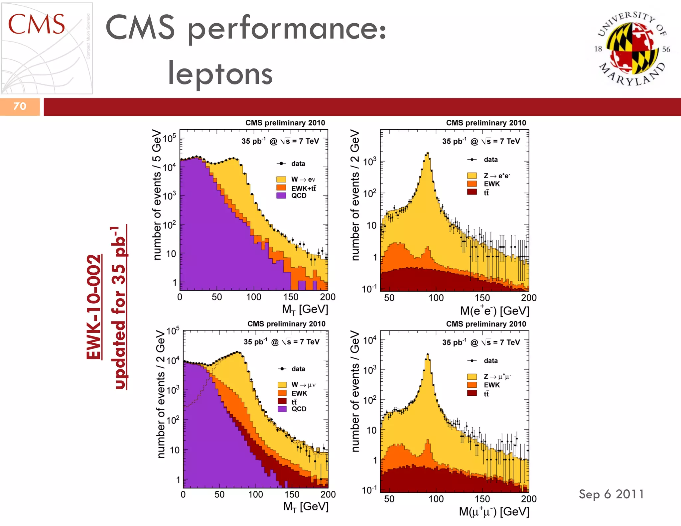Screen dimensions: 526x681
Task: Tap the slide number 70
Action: [x=20, y=106]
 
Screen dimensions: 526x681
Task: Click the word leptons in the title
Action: [x=220, y=74]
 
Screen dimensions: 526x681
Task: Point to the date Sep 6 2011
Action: [x=611, y=494]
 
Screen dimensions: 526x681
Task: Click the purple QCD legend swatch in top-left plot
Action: [x=281, y=196]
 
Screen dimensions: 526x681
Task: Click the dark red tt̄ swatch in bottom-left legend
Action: [x=282, y=401]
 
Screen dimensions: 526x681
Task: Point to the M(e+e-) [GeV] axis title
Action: [x=494, y=311]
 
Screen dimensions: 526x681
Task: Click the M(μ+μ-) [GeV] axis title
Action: [x=494, y=511]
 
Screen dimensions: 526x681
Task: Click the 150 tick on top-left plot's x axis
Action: [x=291, y=297]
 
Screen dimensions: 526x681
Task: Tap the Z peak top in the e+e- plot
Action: [x=428, y=153]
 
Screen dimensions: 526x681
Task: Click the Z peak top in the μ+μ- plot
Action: [x=428, y=354]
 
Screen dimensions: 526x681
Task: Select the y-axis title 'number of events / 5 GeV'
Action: [x=157, y=195]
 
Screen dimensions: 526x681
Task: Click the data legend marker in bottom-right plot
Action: [x=472, y=361]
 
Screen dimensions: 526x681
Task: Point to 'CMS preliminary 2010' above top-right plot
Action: [x=486, y=123]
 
